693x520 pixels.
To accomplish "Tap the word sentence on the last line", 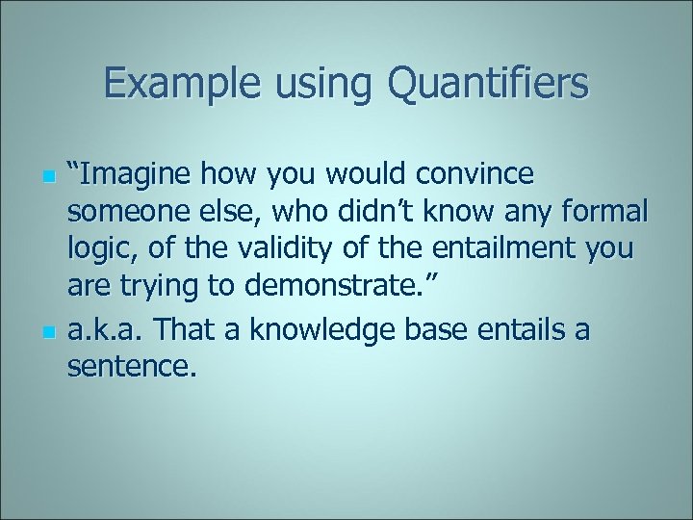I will click(131, 367).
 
